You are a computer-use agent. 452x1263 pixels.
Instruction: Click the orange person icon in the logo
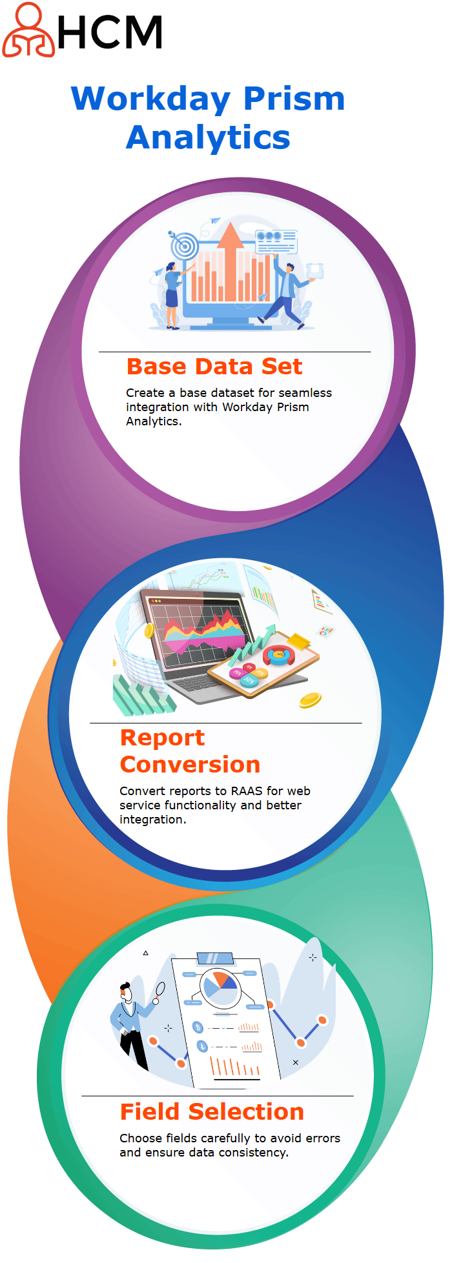click(28, 30)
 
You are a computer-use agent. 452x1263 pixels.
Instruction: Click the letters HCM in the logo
click(110, 33)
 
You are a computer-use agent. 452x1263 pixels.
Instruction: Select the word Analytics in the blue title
click(208, 137)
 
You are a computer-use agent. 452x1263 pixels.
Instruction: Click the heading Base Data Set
click(214, 367)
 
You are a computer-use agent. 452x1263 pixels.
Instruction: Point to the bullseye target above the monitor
click(185, 245)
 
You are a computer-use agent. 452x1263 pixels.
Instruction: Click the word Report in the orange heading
click(163, 738)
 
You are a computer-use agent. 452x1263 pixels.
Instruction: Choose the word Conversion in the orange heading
click(190, 765)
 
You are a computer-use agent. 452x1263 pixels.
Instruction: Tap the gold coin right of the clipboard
click(311, 700)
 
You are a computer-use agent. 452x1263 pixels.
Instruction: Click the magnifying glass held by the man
click(159, 991)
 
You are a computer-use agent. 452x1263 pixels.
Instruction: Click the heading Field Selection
click(212, 1112)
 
